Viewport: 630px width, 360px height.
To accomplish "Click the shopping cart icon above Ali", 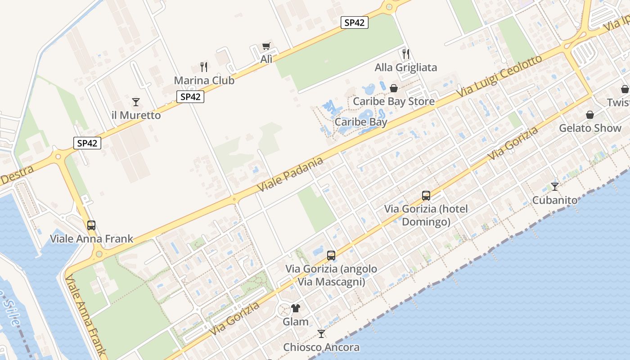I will point(266,46).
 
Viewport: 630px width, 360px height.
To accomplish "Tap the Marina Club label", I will point(204,81).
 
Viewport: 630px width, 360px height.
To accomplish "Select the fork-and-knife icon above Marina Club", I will point(204,67).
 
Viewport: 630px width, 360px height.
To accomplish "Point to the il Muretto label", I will point(136,115).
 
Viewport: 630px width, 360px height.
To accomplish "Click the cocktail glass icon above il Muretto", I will point(136,102).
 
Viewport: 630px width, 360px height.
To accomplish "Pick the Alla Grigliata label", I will point(406,67).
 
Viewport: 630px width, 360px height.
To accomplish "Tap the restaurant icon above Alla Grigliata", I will point(406,54).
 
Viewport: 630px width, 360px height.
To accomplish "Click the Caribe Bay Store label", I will point(394,101).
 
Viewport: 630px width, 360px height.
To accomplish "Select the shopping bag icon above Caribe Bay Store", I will point(394,88).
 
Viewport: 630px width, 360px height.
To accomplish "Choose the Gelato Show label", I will point(590,128).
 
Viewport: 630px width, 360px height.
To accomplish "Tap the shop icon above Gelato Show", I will point(590,115).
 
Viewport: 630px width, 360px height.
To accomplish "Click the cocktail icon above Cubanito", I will point(555,187).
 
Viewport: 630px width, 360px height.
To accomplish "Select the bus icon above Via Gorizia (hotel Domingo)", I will point(426,196).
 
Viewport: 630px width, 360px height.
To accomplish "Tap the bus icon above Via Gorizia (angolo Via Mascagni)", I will point(331,256).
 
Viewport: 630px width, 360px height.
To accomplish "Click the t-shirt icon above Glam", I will point(296,308).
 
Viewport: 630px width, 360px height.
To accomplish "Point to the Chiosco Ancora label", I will point(321,347).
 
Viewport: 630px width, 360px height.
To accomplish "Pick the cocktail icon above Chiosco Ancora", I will point(321,333).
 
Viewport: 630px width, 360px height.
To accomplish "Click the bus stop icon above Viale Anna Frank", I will point(91,225).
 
